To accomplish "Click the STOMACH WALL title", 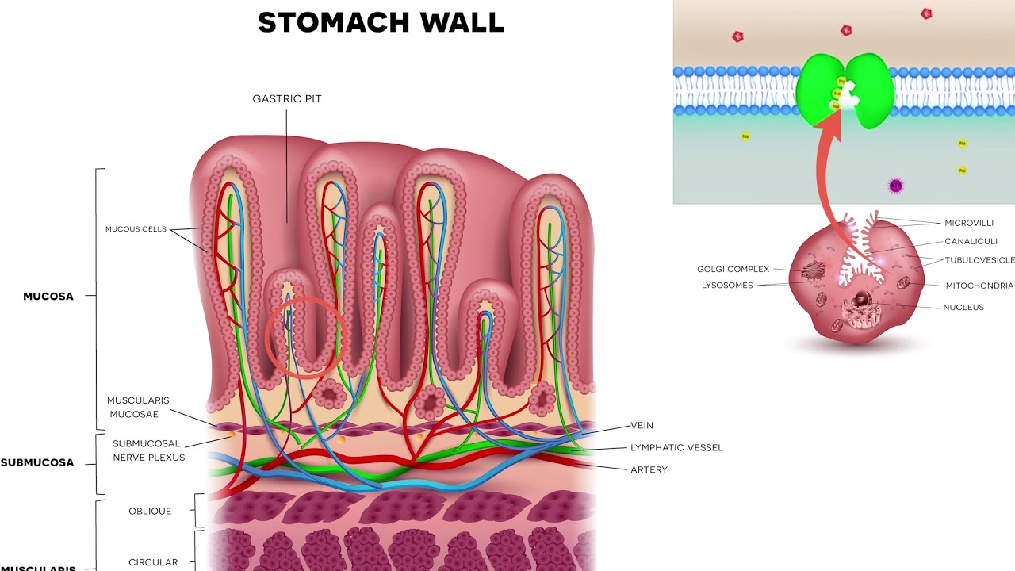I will (x=381, y=22).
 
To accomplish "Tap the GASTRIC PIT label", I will (x=287, y=99).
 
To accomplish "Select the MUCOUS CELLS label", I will (x=136, y=229).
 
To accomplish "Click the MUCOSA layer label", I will (x=48, y=297).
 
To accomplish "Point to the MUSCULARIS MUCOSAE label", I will (x=138, y=408).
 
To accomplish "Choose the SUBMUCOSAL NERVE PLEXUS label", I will (x=148, y=450).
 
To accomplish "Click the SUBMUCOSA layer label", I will (x=37, y=462).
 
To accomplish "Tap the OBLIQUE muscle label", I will (x=150, y=511).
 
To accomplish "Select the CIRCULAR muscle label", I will (x=153, y=562).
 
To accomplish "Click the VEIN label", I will (x=642, y=426).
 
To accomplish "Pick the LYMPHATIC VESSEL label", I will (x=676, y=448).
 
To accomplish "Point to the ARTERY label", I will (x=649, y=469).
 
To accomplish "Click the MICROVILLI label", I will (x=968, y=223).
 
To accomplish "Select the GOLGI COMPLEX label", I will (x=733, y=269).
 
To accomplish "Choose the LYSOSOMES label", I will (x=726, y=285).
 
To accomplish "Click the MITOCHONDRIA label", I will (x=979, y=285).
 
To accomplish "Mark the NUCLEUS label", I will (x=963, y=307).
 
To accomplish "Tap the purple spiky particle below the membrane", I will (x=895, y=186).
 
